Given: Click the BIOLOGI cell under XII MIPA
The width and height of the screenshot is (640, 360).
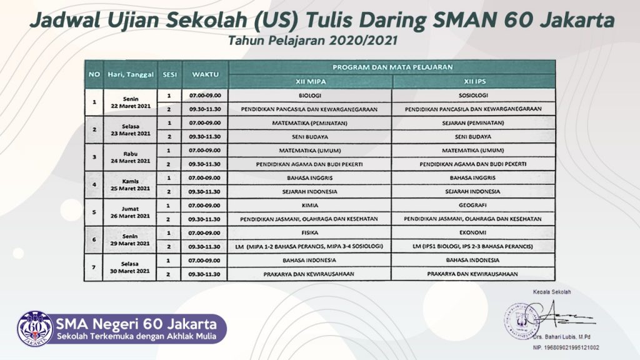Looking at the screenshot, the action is pos(310,96).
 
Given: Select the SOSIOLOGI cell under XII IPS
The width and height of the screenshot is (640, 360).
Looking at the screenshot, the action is pos(473,96).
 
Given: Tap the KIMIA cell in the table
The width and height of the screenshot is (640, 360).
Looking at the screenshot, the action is pos(310,205).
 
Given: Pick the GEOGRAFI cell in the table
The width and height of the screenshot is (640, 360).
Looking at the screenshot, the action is pos(472,205).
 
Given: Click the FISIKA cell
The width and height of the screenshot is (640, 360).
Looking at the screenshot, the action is pos(309,232).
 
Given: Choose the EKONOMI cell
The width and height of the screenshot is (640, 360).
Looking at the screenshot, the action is pos(472,232).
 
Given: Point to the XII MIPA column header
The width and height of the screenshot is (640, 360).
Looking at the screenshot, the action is pos(311,82).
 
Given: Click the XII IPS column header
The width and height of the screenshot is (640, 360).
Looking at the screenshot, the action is pos(474,82).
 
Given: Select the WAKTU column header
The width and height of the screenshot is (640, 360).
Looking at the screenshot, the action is pos(205,75).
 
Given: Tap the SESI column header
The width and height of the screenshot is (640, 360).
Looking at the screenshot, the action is pos(170,75).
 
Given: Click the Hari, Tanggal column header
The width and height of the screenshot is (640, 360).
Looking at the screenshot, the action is pos(131,75).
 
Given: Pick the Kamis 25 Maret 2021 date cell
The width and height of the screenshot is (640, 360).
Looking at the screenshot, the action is pos(130,185).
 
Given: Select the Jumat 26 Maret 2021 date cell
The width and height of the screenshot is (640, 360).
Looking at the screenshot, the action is pos(130,212).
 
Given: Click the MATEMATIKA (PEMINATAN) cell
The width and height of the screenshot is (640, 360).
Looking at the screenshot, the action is pos(310,123).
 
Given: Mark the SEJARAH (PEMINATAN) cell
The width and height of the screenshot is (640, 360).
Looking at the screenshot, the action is pos(473,123).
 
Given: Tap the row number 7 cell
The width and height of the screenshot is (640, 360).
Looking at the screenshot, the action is pos(94,267).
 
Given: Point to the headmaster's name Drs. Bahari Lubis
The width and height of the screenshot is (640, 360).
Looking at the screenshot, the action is pos(561,337).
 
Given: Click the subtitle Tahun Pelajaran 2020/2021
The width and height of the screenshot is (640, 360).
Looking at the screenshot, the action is pos(312,41).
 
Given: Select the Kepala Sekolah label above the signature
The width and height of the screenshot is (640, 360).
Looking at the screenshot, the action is pos(552,292).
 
